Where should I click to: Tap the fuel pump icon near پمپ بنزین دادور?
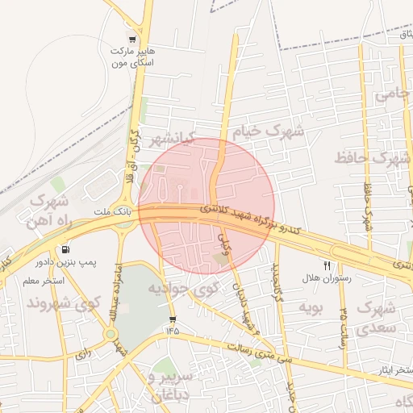[65, 249]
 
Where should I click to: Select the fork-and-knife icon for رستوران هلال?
[327, 265]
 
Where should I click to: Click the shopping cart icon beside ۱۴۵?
[172, 319]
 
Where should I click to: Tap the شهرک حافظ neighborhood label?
[373, 157]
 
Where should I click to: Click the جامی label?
[393, 94]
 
